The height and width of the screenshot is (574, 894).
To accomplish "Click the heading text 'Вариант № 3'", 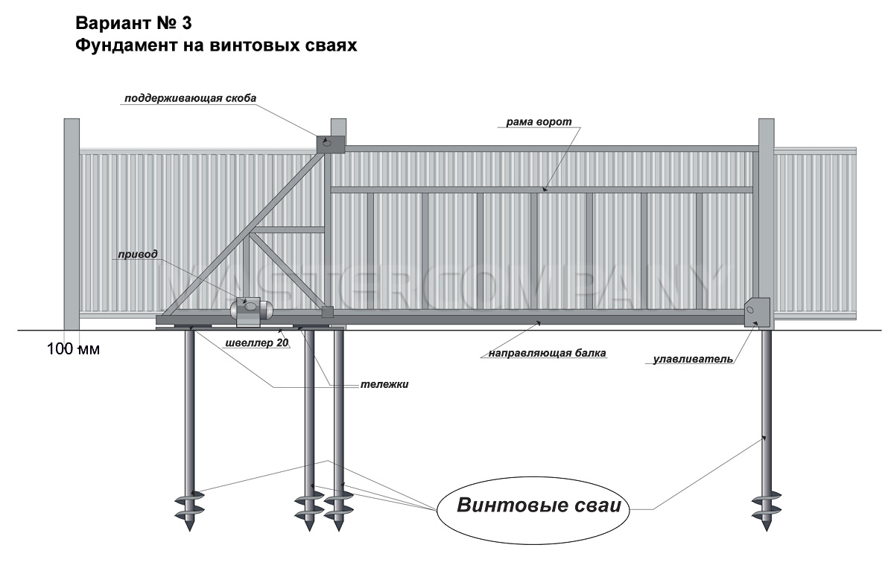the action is (133, 24).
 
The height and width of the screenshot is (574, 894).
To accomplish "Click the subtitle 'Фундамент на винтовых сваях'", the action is (216, 45).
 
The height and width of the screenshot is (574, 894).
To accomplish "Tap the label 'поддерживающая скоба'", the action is (191, 98).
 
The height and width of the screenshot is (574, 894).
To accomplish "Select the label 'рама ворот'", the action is (539, 121).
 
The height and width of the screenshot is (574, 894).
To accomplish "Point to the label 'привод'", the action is (138, 254).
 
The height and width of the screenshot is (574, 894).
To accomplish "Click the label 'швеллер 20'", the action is (256, 342).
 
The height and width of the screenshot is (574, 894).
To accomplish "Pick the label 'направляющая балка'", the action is (547, 353).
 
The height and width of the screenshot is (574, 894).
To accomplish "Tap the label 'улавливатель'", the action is (694, 359).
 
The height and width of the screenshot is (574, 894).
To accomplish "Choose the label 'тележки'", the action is (384, 384).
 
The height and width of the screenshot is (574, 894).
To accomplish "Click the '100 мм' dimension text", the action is (74, 349).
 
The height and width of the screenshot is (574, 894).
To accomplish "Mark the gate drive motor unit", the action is (251, 312).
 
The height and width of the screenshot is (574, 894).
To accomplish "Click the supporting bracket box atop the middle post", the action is (331, 144).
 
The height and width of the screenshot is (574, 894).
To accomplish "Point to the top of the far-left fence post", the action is (72, 119).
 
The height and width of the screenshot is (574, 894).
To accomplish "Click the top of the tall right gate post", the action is (767, 119).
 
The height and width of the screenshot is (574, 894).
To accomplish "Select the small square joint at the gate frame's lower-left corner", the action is (327, 312).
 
